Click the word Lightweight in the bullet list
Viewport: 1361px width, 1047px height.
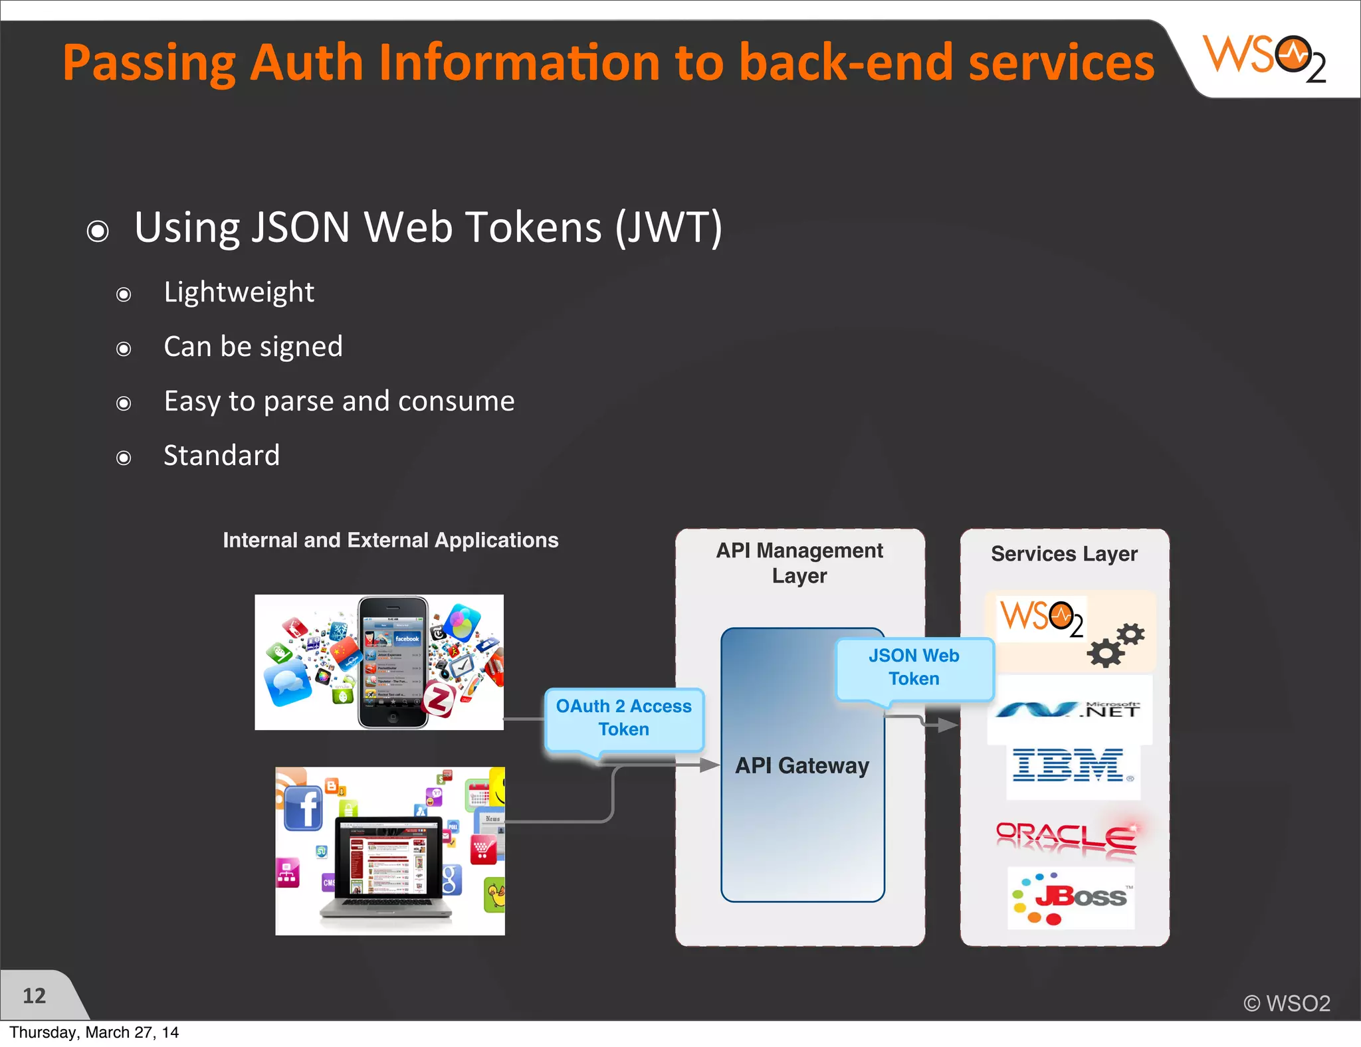click(x=239, y=292)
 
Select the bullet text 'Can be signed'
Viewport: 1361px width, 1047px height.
click(x=253, y=347)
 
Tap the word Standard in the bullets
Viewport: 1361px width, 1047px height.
click(x=221, y=456)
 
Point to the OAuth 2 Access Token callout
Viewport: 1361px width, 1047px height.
click(x=623, y=718)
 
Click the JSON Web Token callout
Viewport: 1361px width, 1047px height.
click(x=914, y=668)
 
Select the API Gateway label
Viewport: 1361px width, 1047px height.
click(x=801, y=765)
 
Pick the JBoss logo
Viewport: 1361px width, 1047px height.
click(x=1071, y=898)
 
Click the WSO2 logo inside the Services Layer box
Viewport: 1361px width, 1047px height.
click(x=1041, y=618)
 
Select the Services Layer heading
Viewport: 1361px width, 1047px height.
click(x=1064, y=553)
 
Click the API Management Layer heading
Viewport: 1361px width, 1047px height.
click(x=799, y=563)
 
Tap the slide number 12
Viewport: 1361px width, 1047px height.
click(x=35, y=996)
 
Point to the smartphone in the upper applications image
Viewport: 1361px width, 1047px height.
click(x=393, y=662)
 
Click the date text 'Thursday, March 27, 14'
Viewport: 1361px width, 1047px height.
click(x=94, y=1032)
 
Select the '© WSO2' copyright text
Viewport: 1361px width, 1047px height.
click(x=1287, y=1003)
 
